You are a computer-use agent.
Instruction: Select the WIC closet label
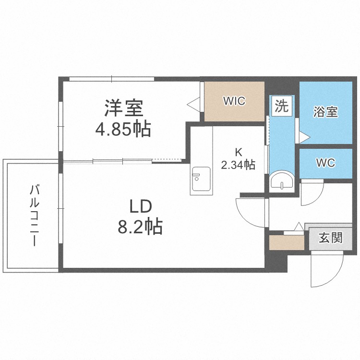tap(234, 101)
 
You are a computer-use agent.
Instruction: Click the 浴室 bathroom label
tap(326, 112)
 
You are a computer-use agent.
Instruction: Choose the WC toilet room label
tap(326, 162)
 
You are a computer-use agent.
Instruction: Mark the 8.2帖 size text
tap(140, 226)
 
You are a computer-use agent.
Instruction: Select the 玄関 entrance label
tap(331, 238)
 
